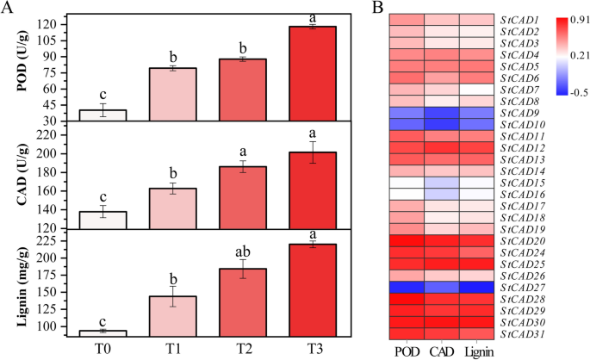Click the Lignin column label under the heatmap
point(477,351)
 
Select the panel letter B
point(379,8)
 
